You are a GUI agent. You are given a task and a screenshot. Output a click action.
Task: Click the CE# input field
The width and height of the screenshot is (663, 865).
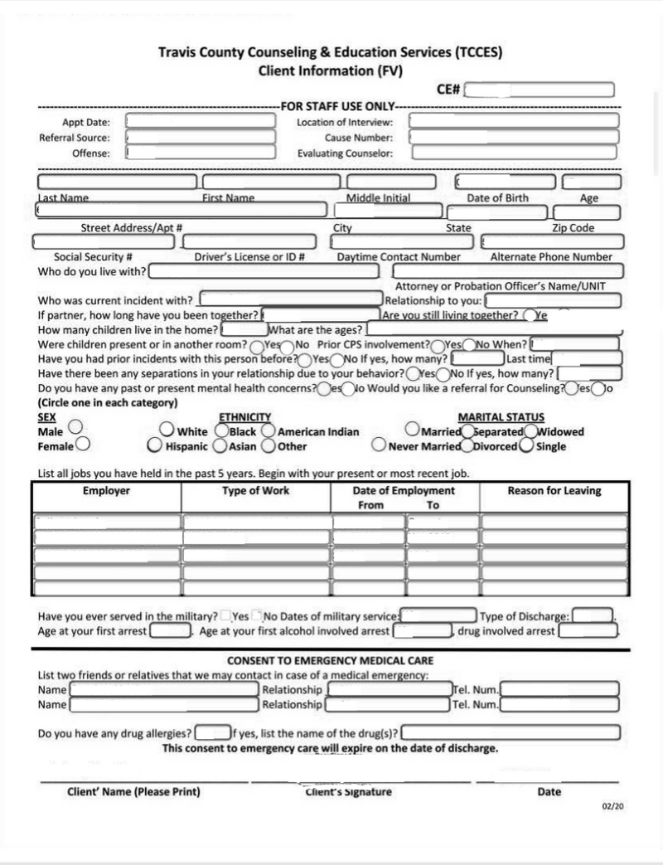[539, 90]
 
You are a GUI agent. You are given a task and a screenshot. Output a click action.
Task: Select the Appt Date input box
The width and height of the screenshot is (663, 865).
[201, 121]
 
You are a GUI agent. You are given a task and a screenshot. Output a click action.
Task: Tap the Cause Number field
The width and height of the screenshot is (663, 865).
[514, 137]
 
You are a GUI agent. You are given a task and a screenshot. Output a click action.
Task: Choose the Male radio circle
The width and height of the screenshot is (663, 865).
[75, 426]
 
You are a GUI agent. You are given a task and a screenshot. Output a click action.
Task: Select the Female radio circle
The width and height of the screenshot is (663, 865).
[83, 445]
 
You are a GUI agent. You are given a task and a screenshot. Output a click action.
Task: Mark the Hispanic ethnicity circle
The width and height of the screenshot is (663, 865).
[155, 446]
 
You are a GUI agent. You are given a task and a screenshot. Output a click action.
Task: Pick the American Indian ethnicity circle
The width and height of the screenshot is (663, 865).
[269, 431]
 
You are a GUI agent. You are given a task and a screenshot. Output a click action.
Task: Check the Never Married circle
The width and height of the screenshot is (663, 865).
[379, 446]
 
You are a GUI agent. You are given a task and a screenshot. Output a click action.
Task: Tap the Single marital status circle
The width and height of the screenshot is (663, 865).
[526, 446]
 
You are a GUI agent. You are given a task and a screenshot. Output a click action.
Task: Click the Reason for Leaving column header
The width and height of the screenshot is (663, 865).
[554, 491]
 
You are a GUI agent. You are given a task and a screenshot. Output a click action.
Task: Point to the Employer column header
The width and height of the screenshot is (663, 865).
[106, 491]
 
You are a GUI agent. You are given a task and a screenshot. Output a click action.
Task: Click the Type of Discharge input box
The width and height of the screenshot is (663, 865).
[593, 616]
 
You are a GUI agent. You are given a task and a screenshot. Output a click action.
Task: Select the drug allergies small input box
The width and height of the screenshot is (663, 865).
[212, 733]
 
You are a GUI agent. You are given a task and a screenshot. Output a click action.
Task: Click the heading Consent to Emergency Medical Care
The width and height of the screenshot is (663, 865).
[331, 661]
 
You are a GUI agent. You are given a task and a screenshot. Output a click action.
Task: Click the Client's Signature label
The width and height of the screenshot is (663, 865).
[349, 792]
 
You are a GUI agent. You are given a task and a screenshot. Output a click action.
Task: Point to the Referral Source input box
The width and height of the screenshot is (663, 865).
[201, 137]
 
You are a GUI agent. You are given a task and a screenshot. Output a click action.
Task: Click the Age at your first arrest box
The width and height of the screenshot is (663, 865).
[170, 631]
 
